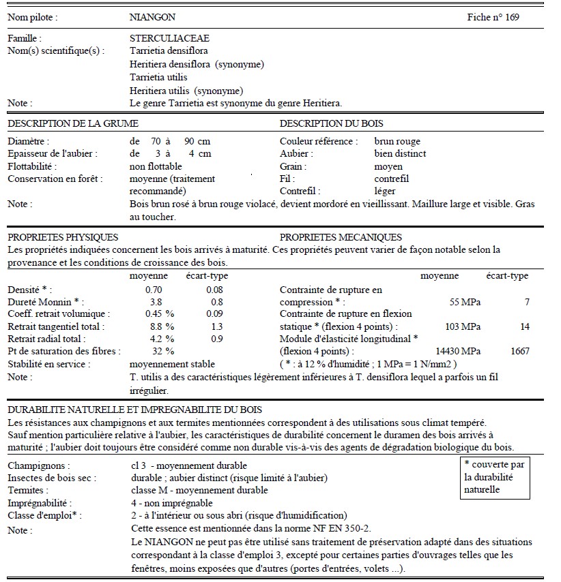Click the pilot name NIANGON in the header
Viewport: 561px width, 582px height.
(152, 16)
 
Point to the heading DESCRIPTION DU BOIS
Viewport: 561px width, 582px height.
(331, 123)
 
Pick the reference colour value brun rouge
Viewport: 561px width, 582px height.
(398, 142)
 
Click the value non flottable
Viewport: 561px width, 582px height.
(156, 166)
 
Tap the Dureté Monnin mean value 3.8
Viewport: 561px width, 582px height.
(156, 302)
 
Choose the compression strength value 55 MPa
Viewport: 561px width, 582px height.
(465, 302)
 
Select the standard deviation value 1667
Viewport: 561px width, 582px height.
(519, 351)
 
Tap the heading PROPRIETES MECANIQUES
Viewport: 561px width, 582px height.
(341, 237)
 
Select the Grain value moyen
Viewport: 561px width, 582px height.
(388, 166)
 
